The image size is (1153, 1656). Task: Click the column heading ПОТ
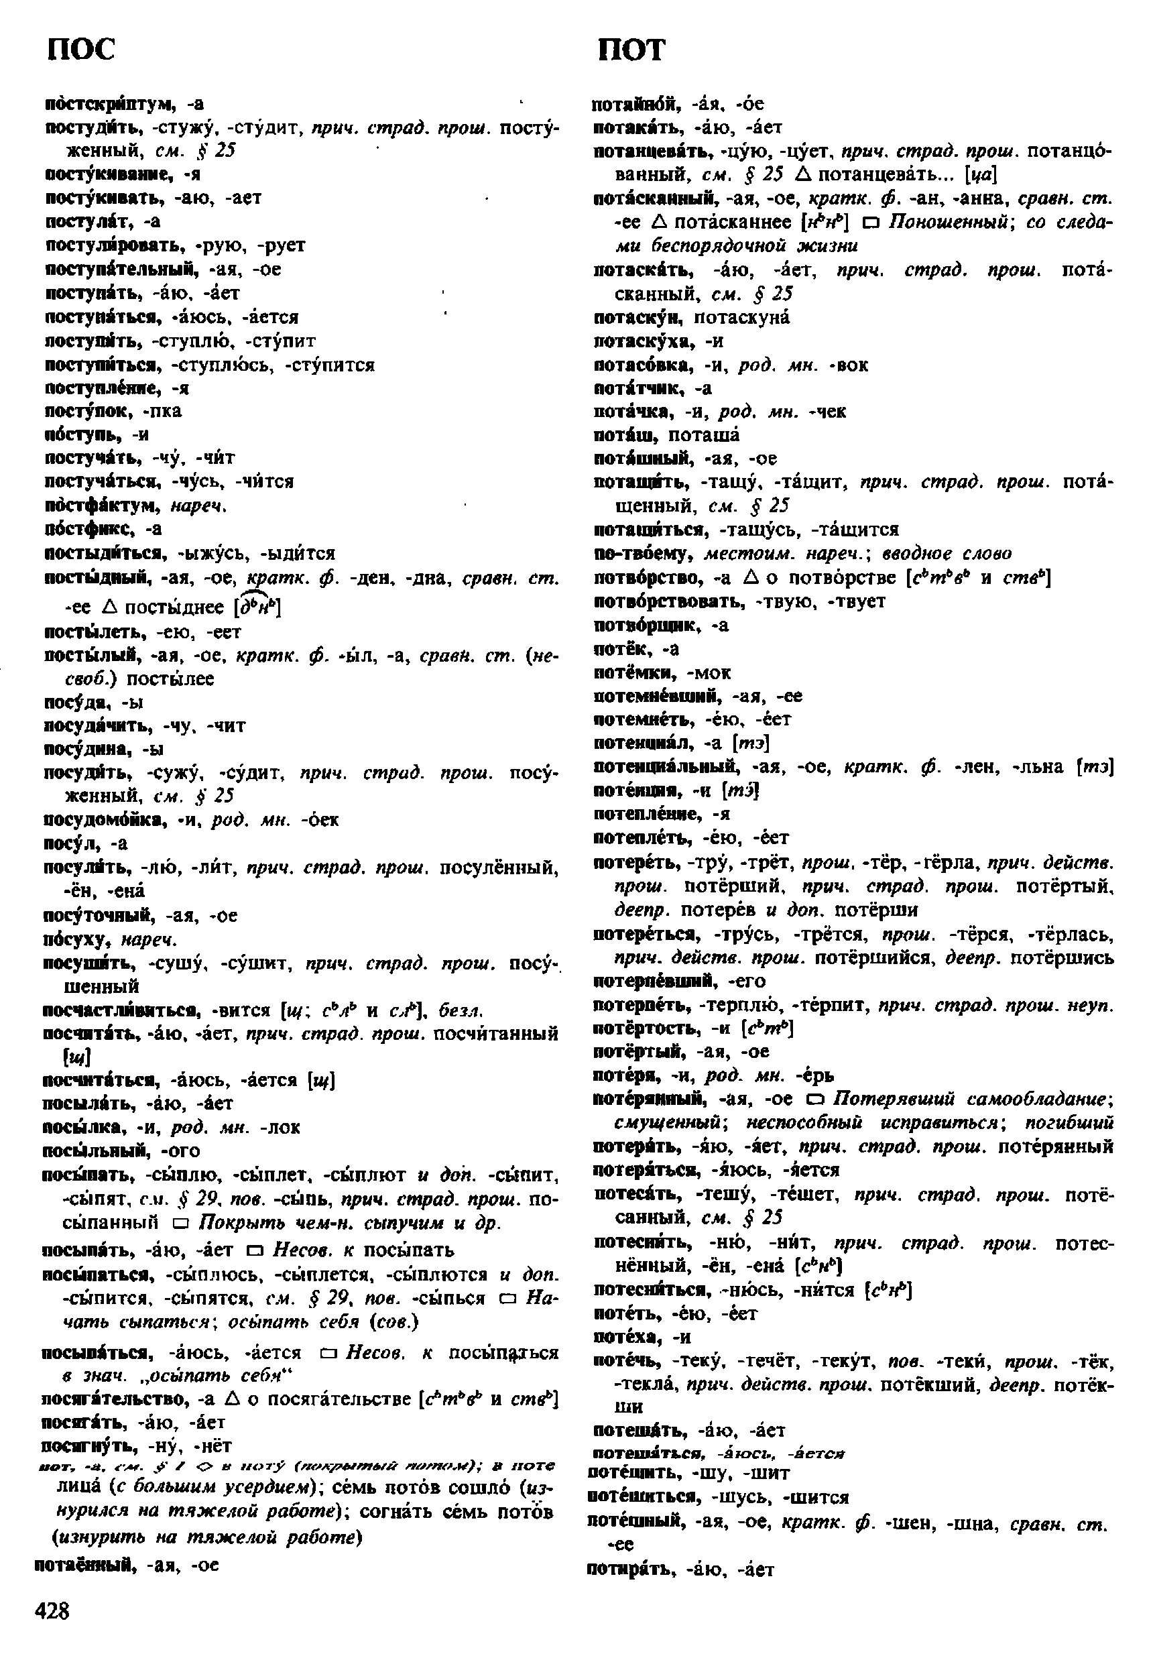pyautogui.click(x=631, y=50)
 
